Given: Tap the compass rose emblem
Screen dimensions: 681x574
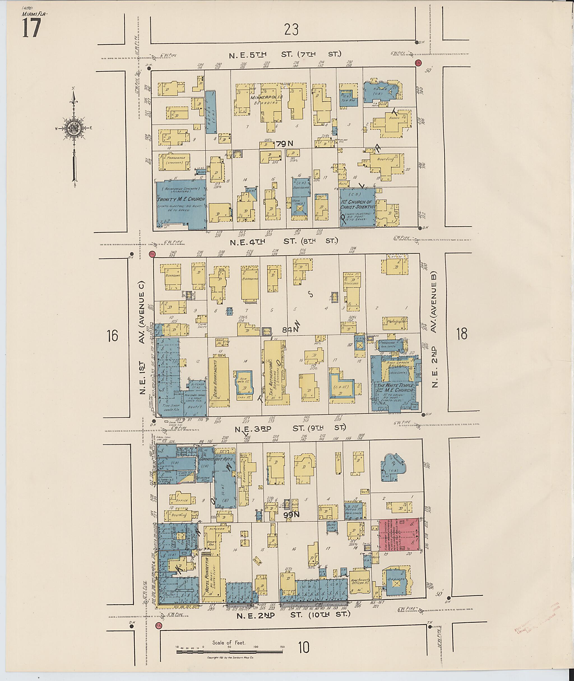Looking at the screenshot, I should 75,129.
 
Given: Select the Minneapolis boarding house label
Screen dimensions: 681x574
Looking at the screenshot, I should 267,97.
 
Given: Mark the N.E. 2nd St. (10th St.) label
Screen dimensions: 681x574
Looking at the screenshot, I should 293,615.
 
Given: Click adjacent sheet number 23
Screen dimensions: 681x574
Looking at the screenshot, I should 291,30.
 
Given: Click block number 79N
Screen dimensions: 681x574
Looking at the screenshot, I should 285,143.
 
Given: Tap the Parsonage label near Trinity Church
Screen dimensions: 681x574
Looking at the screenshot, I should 174,158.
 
